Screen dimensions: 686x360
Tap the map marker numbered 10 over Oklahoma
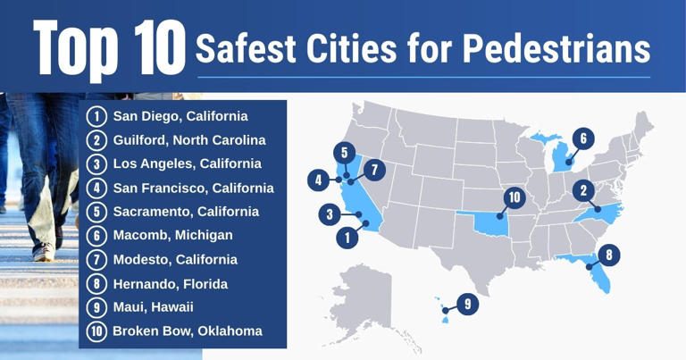[513, 197]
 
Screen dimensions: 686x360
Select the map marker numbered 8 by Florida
[607, 255]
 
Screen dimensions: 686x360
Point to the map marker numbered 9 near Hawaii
[466, 304]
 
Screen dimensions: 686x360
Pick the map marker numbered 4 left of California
[317, 180]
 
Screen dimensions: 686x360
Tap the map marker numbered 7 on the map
[373, 167]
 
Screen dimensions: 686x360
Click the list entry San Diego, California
[180, 116]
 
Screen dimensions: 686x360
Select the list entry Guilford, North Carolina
[188, 140]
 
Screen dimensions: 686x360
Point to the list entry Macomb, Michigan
[172, 235]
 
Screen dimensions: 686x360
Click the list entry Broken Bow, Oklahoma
[187, 331]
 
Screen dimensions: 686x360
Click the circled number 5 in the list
[96, 212]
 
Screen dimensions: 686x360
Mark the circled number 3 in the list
[96, 163]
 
